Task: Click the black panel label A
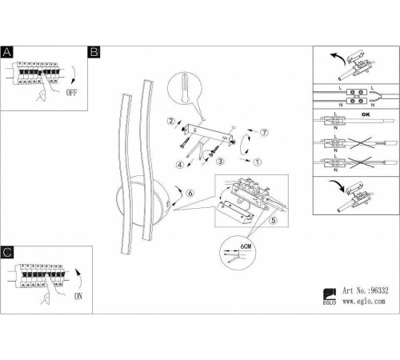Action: point(7,52)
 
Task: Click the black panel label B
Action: point(94,52)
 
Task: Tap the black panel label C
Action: point(7,252)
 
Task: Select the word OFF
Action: point(71,93)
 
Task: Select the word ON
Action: point(78,296)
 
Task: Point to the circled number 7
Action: point(264,132)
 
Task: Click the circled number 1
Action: point(258,162)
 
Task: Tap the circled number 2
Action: point(171,121)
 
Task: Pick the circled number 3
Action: point(220,161)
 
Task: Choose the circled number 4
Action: point(180,165)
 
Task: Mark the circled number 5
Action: point(274,220)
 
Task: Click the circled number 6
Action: point(190,193)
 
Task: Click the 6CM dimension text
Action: point(246,246)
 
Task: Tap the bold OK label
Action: point(366,114)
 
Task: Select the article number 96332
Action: point(379,290)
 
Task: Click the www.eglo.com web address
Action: point(364,302)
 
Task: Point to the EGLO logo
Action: point(330,297)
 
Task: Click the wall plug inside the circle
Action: point(184,87)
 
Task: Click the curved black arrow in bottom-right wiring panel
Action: point(337,185)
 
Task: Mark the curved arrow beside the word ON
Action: point(79,278)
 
